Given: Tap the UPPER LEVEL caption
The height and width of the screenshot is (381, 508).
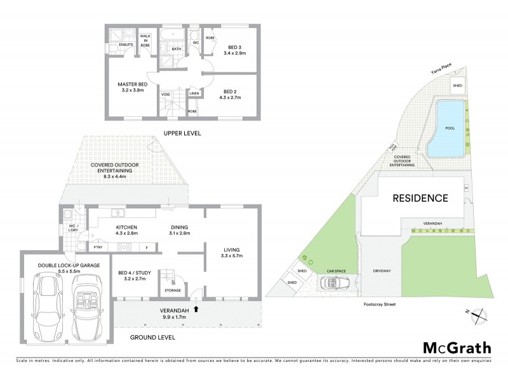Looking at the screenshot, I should pyautogui.click(x=182, y=133).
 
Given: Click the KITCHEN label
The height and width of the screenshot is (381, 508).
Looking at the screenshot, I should pyautogui.click(x=128, y=229).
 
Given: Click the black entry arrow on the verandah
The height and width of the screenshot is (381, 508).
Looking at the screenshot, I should pyautogui.click(x=196, y=309).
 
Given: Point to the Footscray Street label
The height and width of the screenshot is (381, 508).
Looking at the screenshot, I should pyautogui.click(x=378, y=304).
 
